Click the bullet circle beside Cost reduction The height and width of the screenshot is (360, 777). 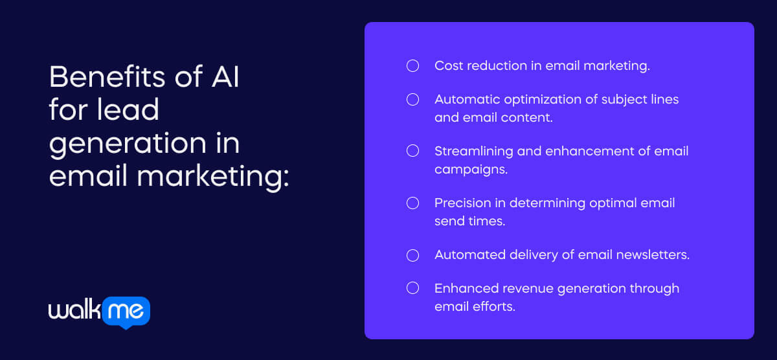(412, 65)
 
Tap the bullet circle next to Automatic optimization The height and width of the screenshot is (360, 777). (412, 99)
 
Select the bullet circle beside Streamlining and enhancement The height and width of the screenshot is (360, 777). (412, 151)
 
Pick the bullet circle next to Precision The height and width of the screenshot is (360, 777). (412, 203)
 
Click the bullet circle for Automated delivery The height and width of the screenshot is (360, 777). (412, 254)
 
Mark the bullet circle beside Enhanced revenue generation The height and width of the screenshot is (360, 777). (412, 288)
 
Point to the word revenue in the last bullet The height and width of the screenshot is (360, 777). (522, 288)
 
